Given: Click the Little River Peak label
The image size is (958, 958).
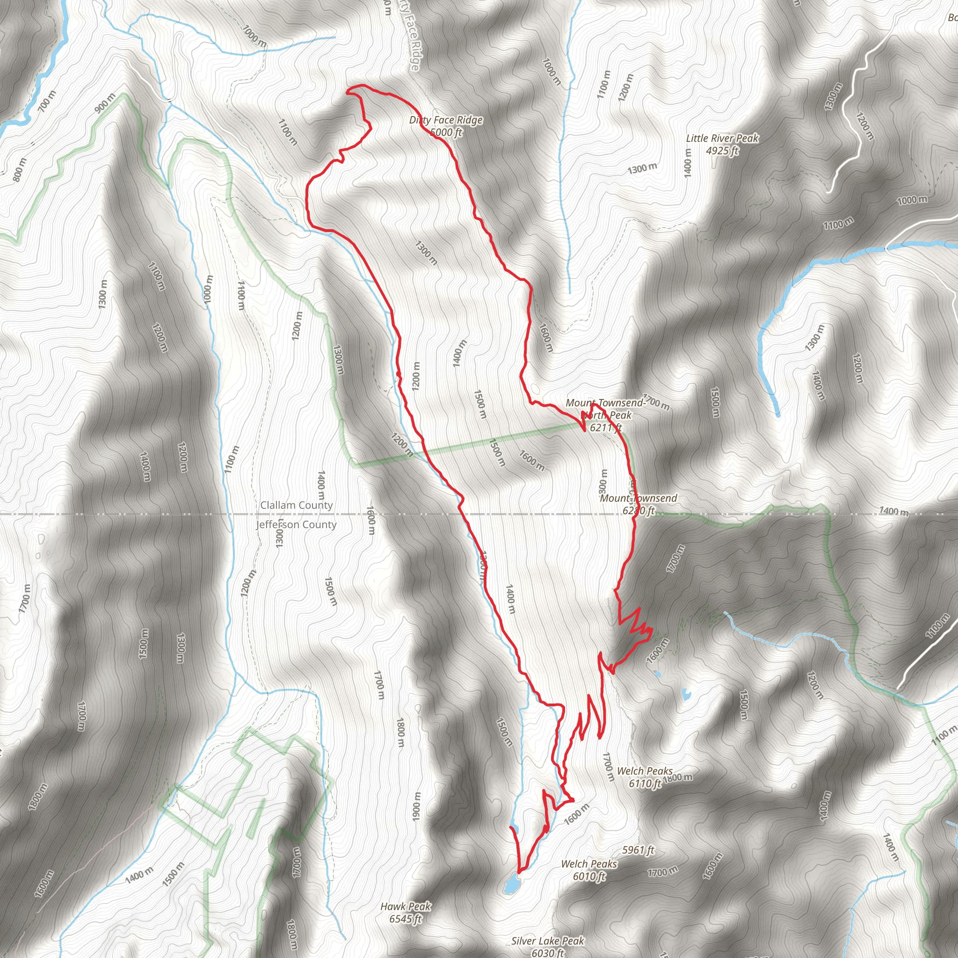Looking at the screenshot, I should pos(722,138).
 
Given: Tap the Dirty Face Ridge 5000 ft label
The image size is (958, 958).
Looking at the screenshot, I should pos(446,126).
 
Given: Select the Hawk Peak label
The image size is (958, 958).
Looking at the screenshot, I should pos(406,907).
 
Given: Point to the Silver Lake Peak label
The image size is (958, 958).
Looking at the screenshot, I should pos(548,941).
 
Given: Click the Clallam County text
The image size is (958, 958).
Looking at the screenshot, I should pos(296,505).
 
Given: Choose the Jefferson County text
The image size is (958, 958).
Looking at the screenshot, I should pos(296,525).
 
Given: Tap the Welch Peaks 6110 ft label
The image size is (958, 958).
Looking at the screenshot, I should pos(645,777).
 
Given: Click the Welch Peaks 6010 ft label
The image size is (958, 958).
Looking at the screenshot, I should pos(588,870).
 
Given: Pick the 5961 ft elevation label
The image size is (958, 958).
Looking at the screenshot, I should pos(638,850).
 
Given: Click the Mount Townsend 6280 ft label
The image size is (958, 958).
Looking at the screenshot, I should pos(638,504).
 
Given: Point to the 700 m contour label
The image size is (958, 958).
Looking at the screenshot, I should pos(47,101).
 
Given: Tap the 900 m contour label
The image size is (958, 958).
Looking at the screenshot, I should pos(105,103).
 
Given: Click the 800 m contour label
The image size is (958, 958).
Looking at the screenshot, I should pos(20,169).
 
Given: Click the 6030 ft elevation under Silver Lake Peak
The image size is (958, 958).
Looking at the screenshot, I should pos(547,952).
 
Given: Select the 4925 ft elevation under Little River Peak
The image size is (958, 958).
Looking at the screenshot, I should pos(722,150).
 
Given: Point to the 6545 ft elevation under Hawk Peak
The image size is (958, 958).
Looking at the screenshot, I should pos(406,919).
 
